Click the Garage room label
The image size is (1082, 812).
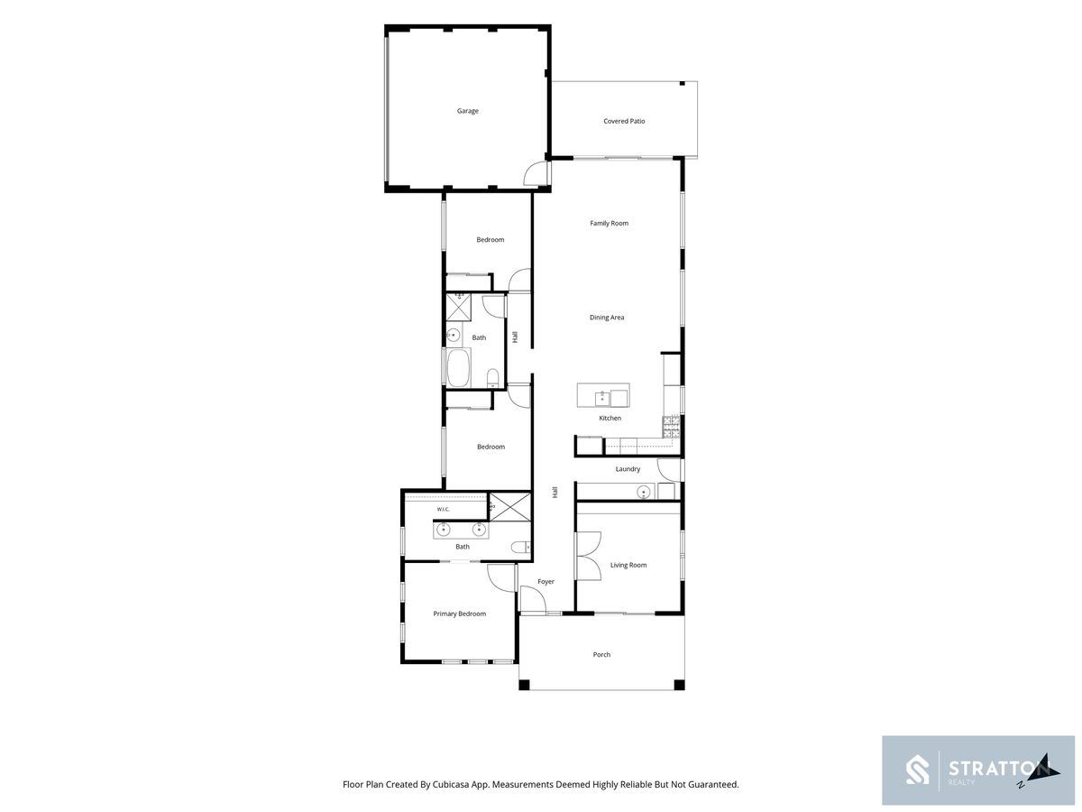[467, 111]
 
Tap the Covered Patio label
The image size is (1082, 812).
[624, 121]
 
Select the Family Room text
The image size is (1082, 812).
[609, 224]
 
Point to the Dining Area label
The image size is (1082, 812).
[606, 318]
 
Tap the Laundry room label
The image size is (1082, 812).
[628, 469]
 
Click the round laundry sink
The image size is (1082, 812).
[643, 492]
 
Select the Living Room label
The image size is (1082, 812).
[628, 565]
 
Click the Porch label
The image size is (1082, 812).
[601, 655]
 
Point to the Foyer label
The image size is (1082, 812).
[546, 582]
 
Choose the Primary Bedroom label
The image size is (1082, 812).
[460, 614]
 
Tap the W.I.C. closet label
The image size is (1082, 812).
[443, 509]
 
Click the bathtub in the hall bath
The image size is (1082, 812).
[458, 368]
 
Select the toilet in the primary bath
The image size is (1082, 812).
[520, 547]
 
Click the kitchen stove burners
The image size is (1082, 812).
[671, 427]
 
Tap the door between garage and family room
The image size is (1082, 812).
[536, 174]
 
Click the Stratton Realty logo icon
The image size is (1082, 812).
[917, 770]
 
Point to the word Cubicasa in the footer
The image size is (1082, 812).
[451, 784]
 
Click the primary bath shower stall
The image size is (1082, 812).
[510, 506]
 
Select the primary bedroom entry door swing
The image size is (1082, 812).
[500, 578]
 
